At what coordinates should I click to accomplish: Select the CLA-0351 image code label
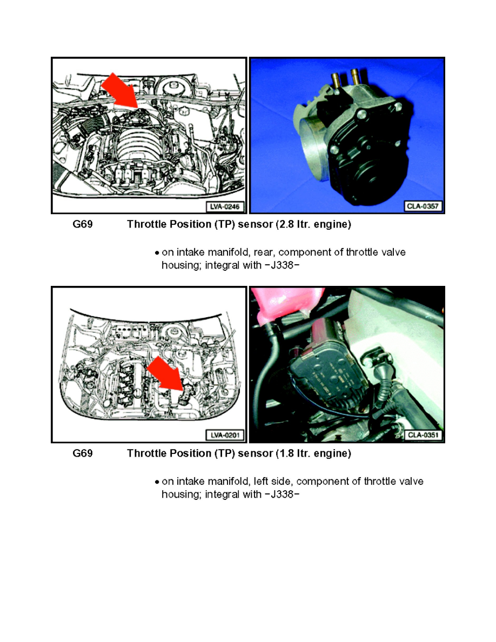(x=422, y=435)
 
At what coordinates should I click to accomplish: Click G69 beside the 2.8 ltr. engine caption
(x=83, y=225)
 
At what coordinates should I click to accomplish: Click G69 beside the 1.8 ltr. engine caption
(x=83, y=454)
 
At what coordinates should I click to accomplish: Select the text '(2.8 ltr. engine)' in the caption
(x=316, y=225)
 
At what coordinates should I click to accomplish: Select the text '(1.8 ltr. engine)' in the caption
(x=316, y=454)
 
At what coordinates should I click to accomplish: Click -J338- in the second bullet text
(x=282, y=494)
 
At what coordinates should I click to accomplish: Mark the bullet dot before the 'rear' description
(x=156, y=253)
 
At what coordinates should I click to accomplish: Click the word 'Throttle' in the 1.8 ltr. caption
(x=145, y=454)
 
